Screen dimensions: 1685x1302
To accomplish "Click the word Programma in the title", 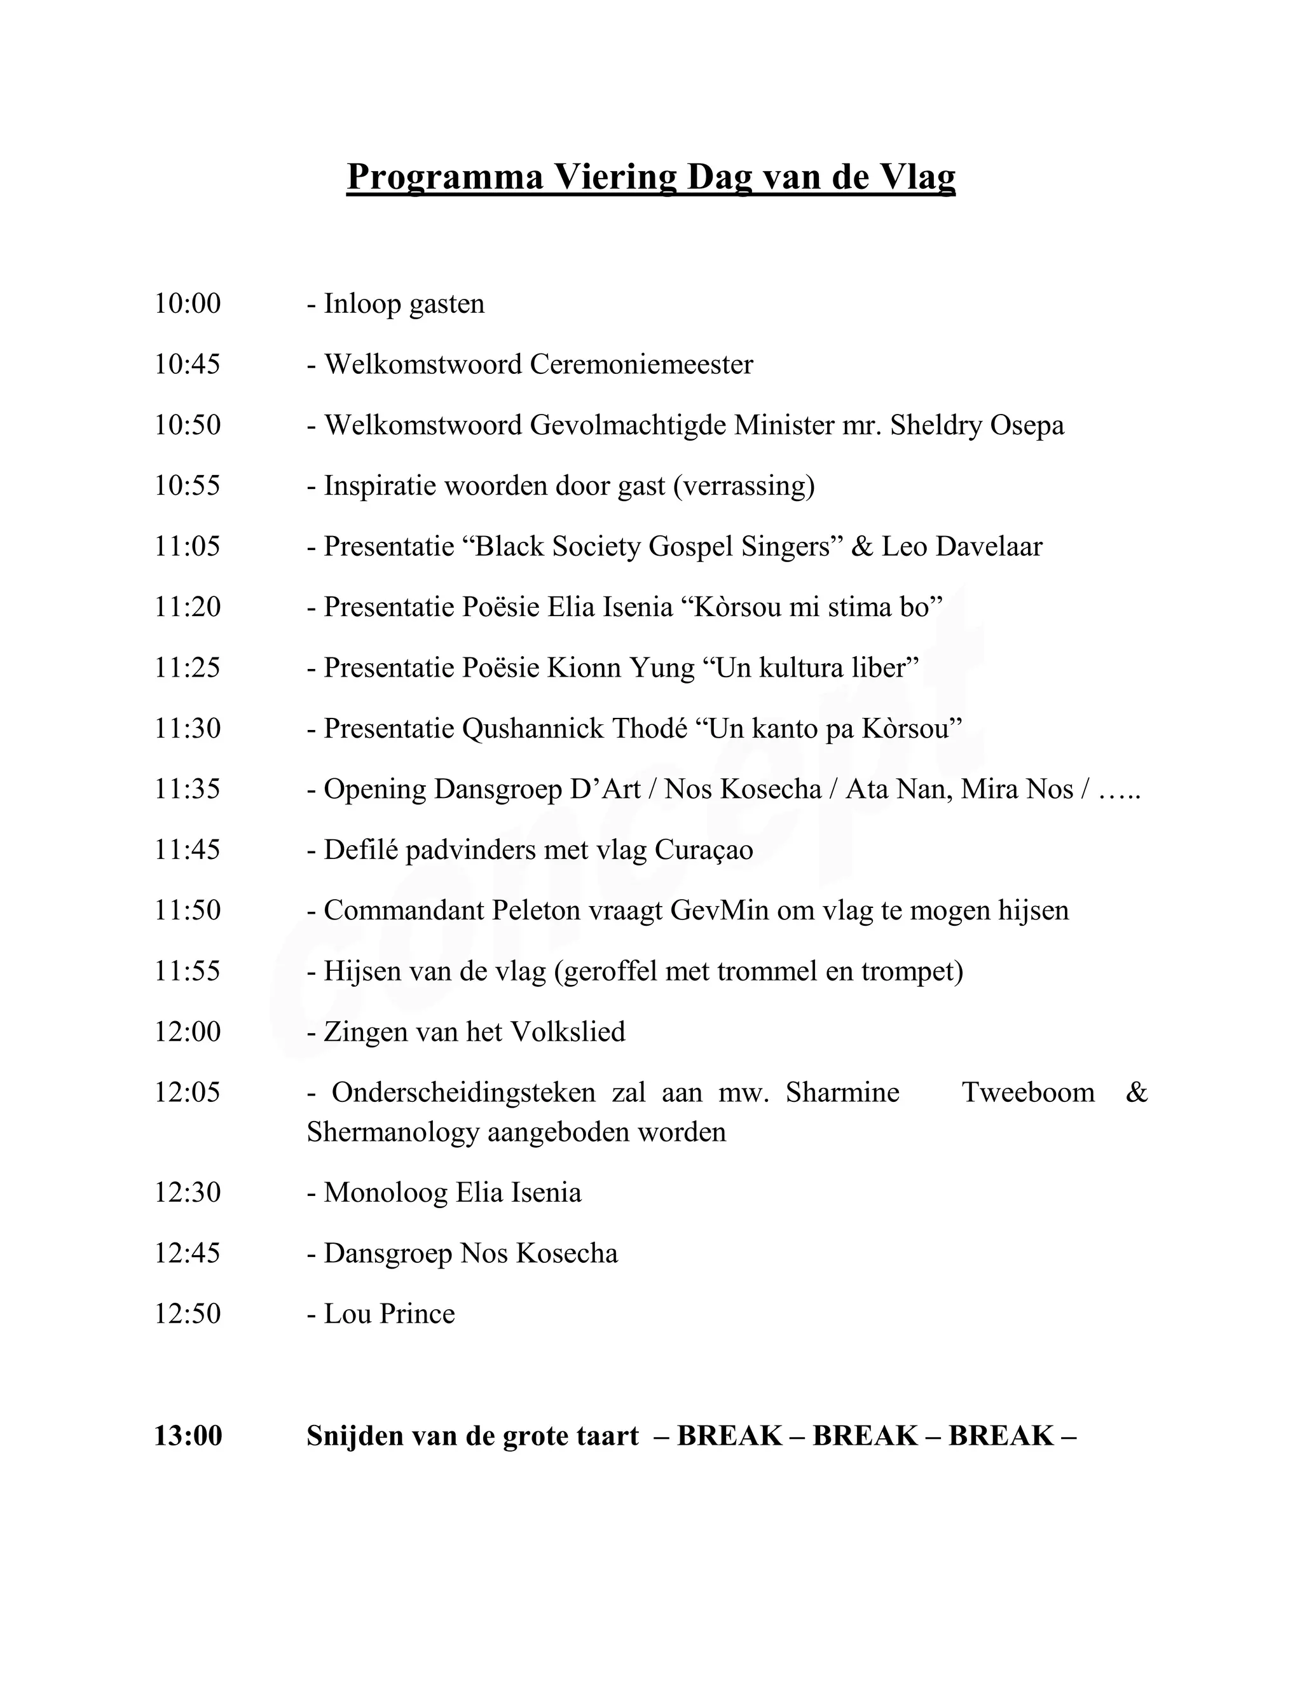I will [445, 177].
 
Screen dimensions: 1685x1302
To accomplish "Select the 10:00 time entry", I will [188, 304].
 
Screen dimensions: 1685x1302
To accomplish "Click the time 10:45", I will [188, 364].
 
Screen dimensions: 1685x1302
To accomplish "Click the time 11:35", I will [188, 789].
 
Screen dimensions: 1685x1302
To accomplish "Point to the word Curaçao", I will [704, 850].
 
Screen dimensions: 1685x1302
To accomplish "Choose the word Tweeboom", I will [1027, 1092].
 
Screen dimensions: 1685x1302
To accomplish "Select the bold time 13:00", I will [188, 1436].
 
